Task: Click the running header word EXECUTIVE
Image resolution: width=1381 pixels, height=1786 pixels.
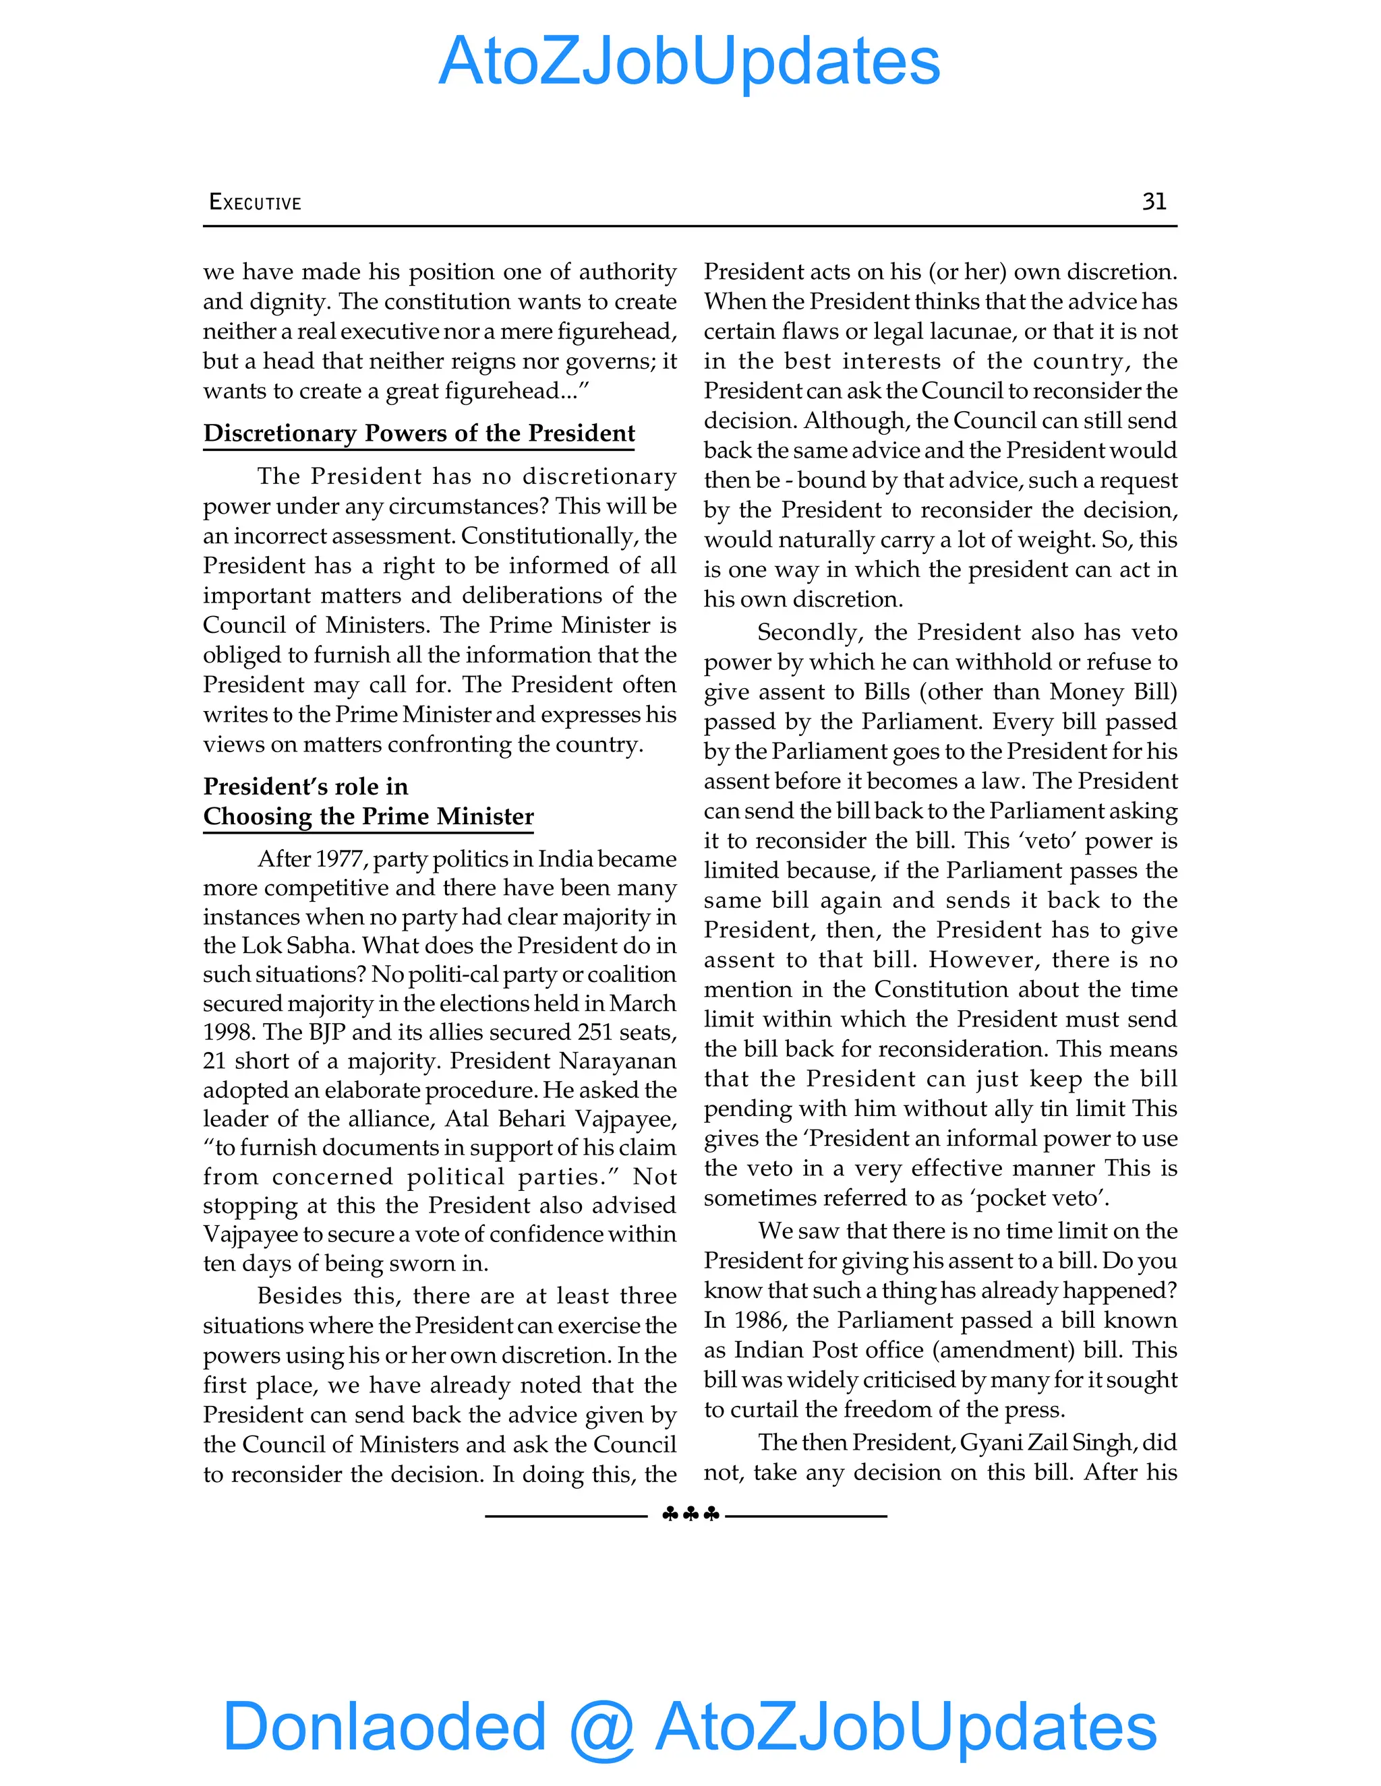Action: click(x=256, y=202)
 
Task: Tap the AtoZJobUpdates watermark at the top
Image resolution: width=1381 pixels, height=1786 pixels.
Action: click(x=689, y=61)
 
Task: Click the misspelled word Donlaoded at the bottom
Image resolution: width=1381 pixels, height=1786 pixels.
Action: click(x=384, y=1726)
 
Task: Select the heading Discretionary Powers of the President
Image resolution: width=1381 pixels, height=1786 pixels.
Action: click(x=419, y=433)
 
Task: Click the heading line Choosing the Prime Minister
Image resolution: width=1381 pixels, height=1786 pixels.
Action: click(x=368, y=816)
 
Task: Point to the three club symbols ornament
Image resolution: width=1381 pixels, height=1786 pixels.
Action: click(x=690, y=1514)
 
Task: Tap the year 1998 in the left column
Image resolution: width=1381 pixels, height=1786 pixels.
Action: click(x=229, y=1032)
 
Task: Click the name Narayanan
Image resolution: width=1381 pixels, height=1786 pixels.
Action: click(x=618, y=1061)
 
